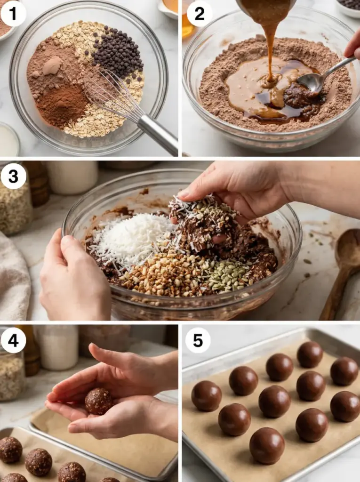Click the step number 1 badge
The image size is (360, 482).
[13, 14]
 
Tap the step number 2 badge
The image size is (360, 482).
[199, 14]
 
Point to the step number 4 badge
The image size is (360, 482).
[13, 341]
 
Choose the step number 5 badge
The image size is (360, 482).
[198, 341]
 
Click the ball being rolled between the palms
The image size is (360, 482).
[99, 401]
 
